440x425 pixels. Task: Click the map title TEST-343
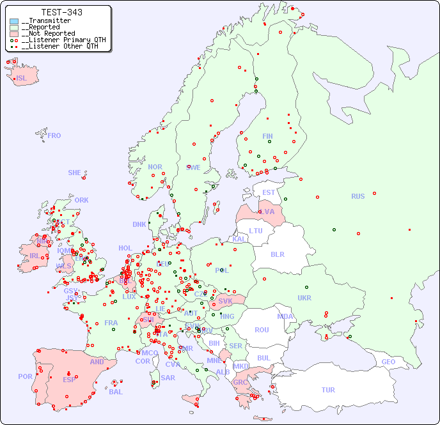coord(61,12)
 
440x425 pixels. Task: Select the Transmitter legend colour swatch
coord(14,21)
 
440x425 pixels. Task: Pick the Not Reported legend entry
coord(47,33)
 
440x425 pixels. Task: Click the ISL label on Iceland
coord(22,79)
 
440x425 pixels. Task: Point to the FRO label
coord(54,135)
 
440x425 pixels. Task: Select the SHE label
coord(74,173)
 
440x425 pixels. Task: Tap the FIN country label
coord(267,136)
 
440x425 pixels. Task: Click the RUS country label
coord(357,196)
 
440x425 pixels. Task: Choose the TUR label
coord(328,390)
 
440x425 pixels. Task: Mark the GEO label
coord(388,362)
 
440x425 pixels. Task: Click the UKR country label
coord(304,298)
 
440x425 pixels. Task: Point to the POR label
coord(25,376)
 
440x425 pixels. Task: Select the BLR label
coord(277,254)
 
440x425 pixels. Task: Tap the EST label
coord(269,192)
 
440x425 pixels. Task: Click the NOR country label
coord(155,167)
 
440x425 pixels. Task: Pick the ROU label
coord(262,330)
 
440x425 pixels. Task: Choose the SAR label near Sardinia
coord(168,378)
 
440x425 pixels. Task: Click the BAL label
coord(116,392)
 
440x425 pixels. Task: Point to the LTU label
coord(256,231)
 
